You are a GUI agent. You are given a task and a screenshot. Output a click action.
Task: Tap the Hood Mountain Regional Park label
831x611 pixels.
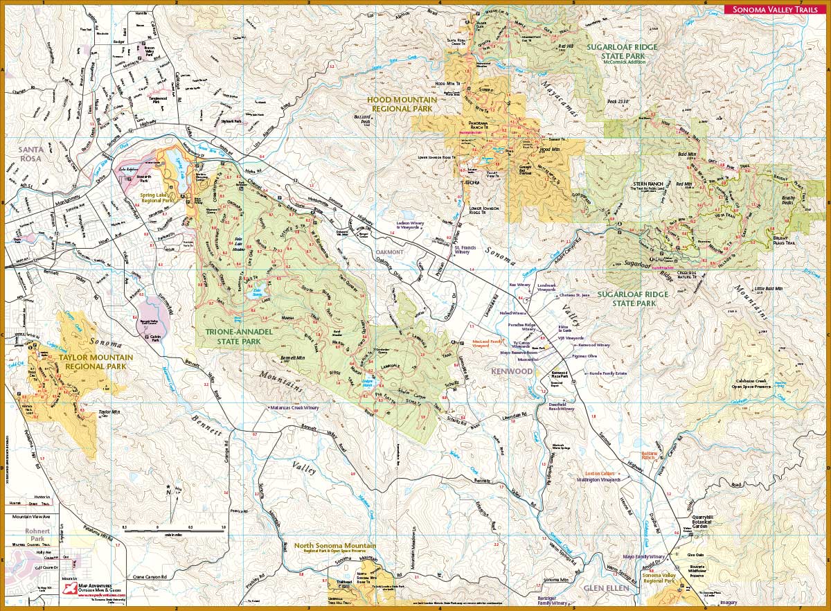coord(402,104)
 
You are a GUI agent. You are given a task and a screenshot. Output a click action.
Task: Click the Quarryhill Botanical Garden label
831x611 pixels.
coord(706,525)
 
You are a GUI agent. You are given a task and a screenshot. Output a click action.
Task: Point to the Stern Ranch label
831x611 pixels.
coord(649,185)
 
